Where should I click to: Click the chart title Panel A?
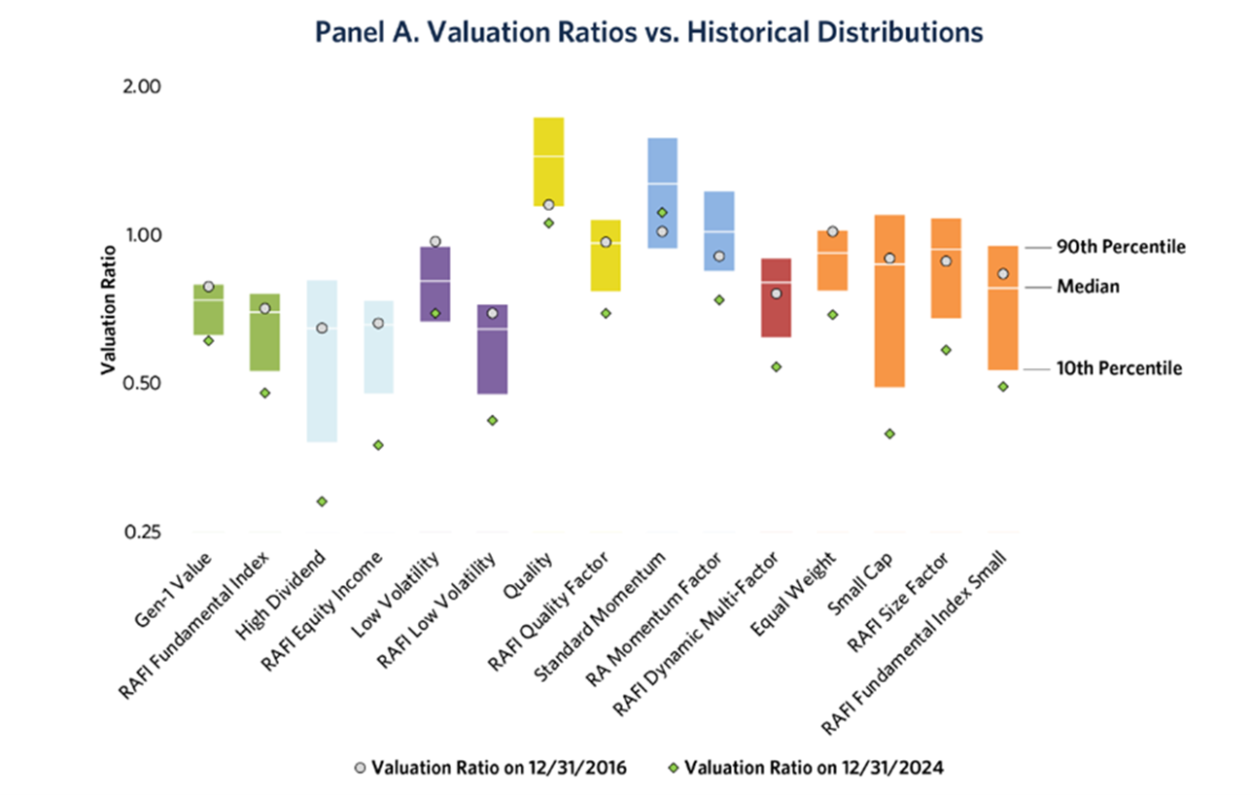649,32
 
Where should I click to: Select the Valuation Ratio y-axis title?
108,309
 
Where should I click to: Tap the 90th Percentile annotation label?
1121,247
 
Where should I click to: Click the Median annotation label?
1088,287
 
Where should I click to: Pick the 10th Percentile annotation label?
1119,368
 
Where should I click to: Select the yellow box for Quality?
548,161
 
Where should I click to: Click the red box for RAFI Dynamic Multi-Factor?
776,297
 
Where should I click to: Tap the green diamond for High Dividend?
322,501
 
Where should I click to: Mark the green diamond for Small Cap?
889,433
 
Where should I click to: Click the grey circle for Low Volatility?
435,241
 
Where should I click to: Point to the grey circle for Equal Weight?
832,231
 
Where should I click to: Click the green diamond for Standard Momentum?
662,212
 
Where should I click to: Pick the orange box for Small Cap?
889,301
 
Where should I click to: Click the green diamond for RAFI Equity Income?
378,445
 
